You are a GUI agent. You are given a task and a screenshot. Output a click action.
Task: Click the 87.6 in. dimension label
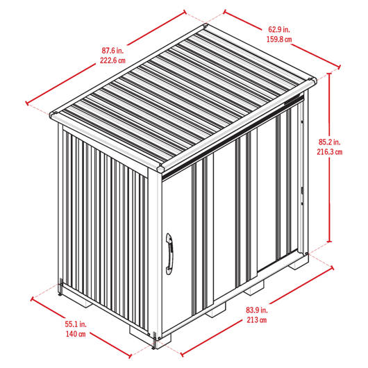pyautogui.click(x=112, y=51)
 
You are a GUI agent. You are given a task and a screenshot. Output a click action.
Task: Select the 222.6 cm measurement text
pyautogui.click(x=112, y=60)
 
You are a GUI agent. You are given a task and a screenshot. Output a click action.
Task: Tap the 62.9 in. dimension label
pyautogui.click(x=279, y=30)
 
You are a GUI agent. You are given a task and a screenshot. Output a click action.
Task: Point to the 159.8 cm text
pyautogui.click(x=279, y=39)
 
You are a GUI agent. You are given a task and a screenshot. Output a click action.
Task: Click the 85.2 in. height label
pyautogui.click(x=330, y=142)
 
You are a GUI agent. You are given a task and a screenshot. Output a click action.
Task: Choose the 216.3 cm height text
pyautogui.click(x=330, y=152)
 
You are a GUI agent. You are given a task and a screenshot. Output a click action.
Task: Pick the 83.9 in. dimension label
pyautogui.click(x=257, y=310)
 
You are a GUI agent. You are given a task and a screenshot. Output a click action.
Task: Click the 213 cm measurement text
pyautogui.click(x=257, y=319)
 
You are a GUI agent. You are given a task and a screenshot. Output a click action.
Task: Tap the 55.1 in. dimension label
pyautogui.click(x=76, y=324)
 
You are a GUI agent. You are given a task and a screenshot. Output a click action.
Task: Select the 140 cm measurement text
pyautogui.click(x=76, y=334)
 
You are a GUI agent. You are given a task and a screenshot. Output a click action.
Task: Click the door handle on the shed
pyautogui.click(x=169, y=253)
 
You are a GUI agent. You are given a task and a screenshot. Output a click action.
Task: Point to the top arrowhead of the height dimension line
pyautogui.click(x=330, y=74)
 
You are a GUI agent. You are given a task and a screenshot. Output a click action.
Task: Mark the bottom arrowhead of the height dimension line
pyautogui.click(x=330, y=241)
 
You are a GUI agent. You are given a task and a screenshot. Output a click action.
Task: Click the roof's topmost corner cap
pyautogui.click(x=205, y=26)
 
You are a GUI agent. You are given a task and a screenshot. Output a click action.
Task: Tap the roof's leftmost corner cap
pyautogui.click(x=53, y=115)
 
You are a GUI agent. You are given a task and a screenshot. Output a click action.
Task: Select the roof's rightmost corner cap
pyautogui.click(x=312, y=81)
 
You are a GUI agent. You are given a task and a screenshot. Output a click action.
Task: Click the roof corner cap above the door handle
pyautogui.click(x=161, y=169)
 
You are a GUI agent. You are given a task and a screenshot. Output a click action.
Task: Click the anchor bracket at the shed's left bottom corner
pyautogui.click(x=60, y=287)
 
